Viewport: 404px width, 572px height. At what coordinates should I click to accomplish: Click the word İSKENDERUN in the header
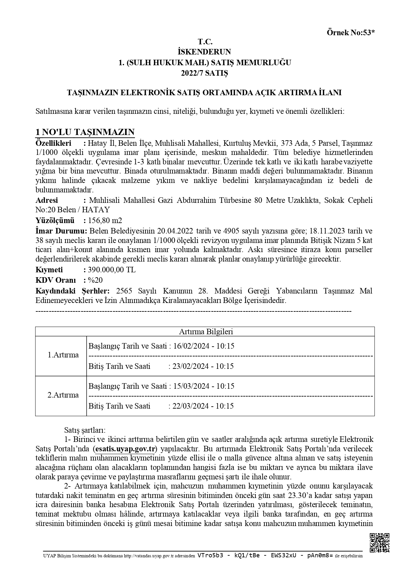click(x=204, y=52)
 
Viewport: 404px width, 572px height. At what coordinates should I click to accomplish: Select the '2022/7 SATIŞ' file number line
click(x=204, y=73)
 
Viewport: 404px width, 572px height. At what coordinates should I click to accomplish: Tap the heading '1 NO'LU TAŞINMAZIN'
click(x=85, y=132)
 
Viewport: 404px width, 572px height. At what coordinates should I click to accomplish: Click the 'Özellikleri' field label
click(x=53, y=143)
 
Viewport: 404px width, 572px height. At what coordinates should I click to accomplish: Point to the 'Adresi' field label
click(x=47, y=200)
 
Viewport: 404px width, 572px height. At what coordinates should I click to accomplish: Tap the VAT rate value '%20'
click(x=95, y=280)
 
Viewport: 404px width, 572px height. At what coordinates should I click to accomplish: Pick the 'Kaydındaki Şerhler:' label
click(x=72, y=291)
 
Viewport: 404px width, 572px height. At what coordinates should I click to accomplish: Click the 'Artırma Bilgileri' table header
click(x=206, y=332)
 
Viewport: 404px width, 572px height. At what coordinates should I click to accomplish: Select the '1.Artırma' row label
click(x=63, y=355)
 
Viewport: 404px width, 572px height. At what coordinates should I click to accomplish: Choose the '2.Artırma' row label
click(x=63, y=395)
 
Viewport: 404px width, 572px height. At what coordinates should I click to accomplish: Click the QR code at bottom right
click(x=380, y=543)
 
